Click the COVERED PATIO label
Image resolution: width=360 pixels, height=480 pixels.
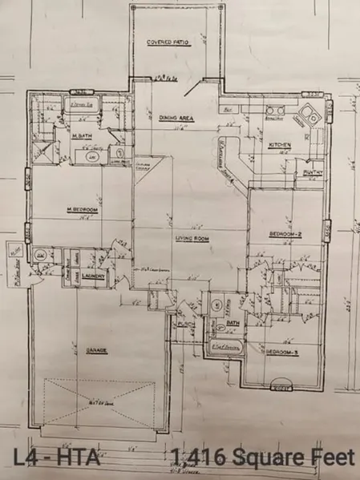167,42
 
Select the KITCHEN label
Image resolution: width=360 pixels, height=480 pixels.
279,145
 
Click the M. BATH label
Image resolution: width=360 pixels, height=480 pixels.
81,136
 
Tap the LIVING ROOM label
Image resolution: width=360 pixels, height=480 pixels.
192,237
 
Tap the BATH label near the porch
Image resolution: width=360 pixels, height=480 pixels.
233,323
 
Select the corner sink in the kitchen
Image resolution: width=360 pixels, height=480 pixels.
306,118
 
